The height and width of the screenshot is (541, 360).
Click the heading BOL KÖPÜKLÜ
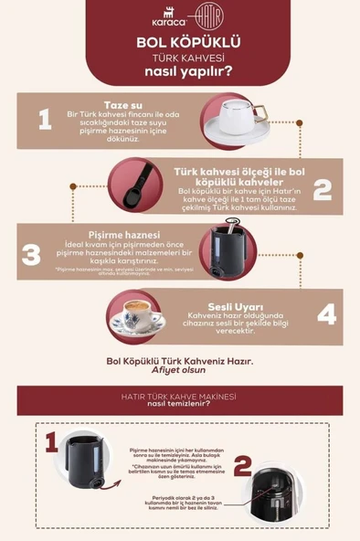[180, 42]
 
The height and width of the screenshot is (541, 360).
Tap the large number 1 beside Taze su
[44, 119]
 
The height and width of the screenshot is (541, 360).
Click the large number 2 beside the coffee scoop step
[322, 189]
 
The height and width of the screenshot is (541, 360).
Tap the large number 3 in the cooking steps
[30, 253]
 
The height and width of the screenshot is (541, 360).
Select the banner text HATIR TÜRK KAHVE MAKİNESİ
[179, 396]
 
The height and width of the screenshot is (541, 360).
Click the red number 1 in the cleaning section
[50, 443]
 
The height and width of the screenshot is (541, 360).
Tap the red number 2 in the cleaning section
[241, 466]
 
